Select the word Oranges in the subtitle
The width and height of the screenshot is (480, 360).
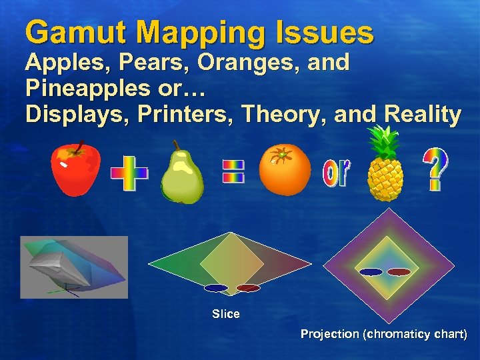[242, 63]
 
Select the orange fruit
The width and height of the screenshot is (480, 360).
[285, 169]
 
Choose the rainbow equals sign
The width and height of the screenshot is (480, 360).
[233, 171]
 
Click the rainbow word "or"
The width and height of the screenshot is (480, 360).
[335, 173]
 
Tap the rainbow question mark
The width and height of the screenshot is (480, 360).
[436, 169]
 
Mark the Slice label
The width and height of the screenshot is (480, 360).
[225, 314]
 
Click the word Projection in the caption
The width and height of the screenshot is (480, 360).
[329, 334]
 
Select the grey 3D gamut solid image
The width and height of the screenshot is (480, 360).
[73, 267]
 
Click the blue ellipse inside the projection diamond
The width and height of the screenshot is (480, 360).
[371, 272]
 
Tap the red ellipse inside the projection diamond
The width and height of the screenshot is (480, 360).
[399, 272]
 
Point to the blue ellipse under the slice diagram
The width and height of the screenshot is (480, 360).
[215, 289]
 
